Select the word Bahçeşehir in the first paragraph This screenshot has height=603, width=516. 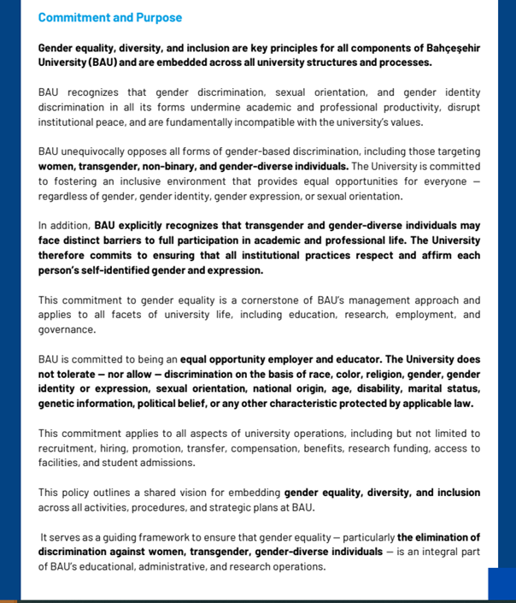point(451,48)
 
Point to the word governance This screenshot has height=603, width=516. point(67,330)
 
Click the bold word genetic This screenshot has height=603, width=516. point(57,404)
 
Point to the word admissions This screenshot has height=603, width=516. point(170,463)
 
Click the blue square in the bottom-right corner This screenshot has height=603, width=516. point(501,584)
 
